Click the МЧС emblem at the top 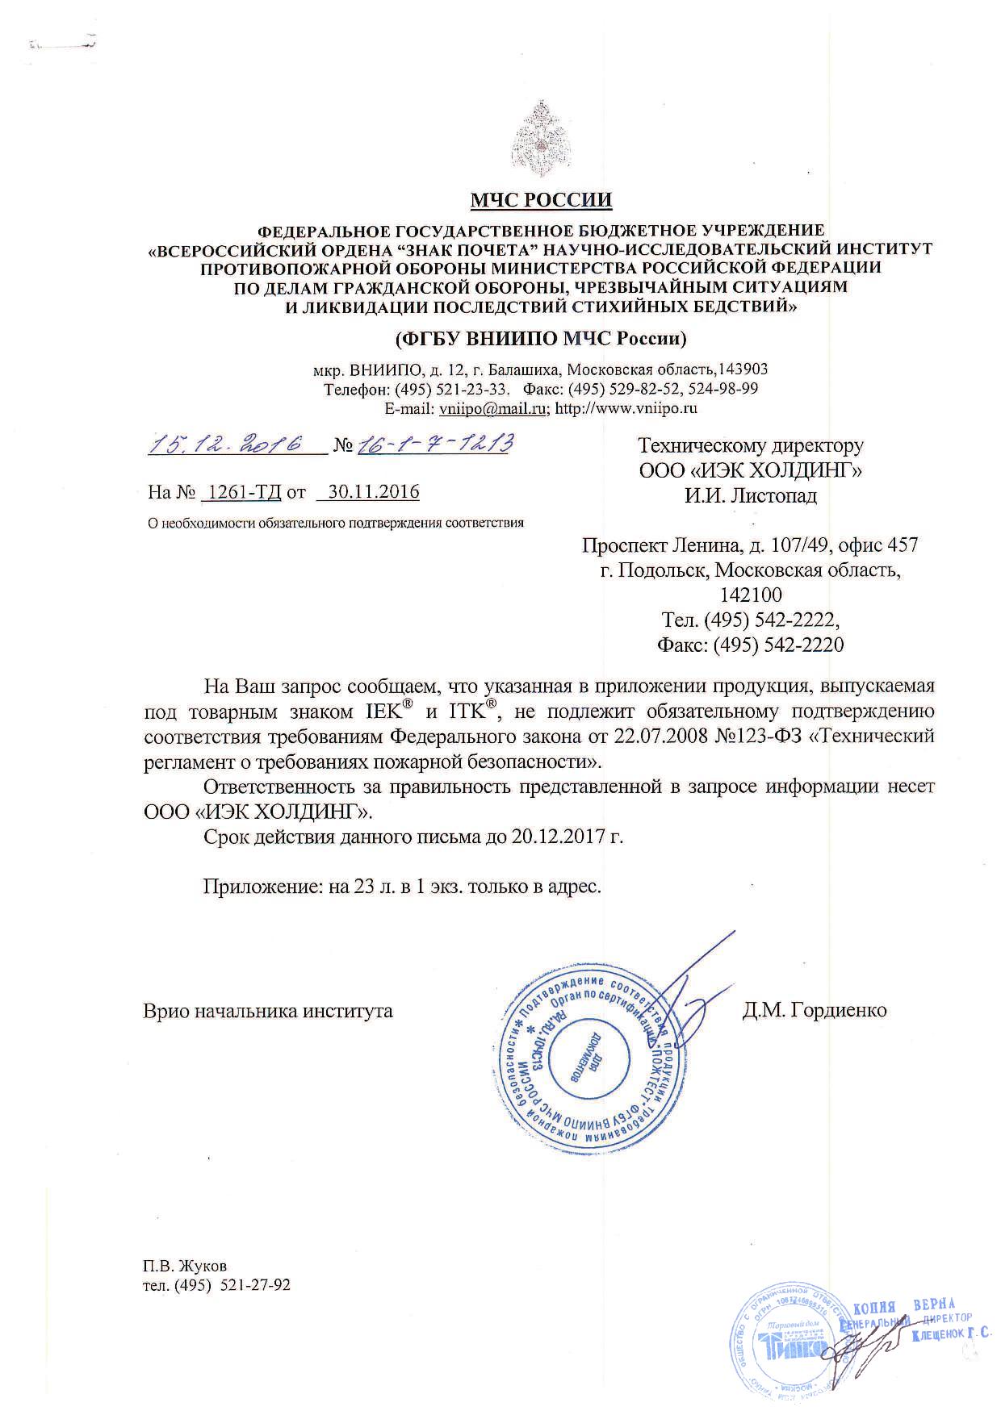(x=541, y=137)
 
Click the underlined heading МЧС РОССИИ (x=541, y=199)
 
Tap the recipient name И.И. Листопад (x=751, y=495)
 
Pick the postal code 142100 (x=751, y=595)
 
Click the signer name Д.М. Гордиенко (x=815, y=1010)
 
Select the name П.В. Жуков (x=185, y=1266)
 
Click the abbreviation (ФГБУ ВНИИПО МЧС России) (x=540, y=338)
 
